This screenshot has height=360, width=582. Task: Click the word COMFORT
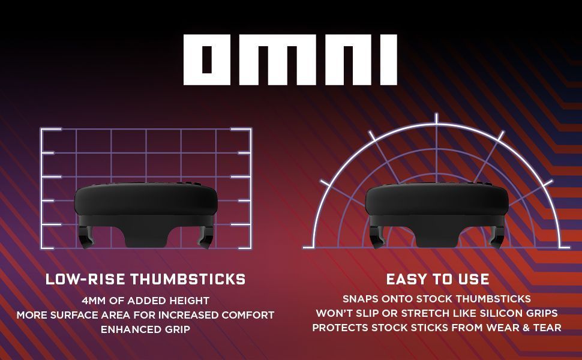coord(248,315)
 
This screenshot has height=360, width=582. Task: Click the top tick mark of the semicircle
coord(436,118)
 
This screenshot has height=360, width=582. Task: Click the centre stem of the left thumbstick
coord(146,234)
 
